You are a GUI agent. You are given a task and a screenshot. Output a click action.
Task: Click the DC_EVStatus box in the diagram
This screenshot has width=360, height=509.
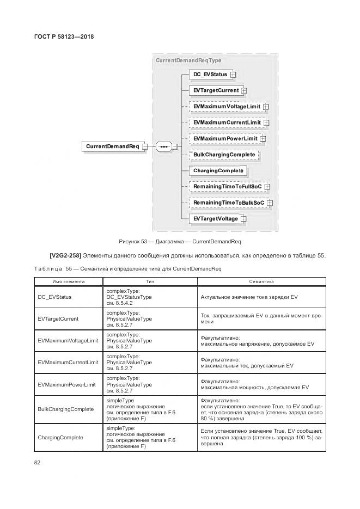pyautogui.click(x=210, y=75)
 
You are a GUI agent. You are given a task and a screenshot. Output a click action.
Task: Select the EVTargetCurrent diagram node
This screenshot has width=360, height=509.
pyautogui.click(x=216, y=90)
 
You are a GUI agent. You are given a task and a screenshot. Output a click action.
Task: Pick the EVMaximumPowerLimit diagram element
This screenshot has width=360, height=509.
pyautogui.click(x=225, y=139)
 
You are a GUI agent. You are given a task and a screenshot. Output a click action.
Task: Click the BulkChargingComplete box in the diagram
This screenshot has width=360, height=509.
pyautogui.click(x=224, y=155)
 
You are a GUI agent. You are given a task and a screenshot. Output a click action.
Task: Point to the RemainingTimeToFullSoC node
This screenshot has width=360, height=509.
pyautogui.click(x=227, y=187)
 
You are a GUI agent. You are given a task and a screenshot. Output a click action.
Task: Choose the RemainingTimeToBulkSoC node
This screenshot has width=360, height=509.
pyautogui.click(x=229, y=203)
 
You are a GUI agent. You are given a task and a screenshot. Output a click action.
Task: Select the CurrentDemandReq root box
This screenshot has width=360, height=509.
pyautogui.click(x=113, y=146)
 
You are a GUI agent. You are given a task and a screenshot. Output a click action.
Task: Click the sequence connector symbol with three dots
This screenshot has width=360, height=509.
pyautogui.click(x=164, y=147)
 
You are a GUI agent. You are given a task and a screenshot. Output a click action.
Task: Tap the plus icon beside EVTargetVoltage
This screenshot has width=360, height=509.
pyautogui.click(x=243, y=219)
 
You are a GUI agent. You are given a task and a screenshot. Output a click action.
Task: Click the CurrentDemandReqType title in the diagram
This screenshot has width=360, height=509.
pyautogui.click(x=188, y=60)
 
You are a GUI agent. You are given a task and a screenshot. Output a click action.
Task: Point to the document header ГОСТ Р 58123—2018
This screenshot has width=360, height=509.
pyautogui.click(x=66, y=37)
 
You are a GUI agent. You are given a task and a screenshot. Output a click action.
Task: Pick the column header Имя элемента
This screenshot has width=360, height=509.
pyautogui.click(x=68, y=282)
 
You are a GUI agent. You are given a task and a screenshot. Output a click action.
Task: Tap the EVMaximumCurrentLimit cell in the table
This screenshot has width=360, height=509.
pyautogui.click(x=68, y=363)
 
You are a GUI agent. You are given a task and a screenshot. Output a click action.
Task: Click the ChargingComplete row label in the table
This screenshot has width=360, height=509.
pyautogui.click(x=60, y=438)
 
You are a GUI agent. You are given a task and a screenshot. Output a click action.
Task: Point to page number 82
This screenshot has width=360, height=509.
pyautogui.click(x=38, y=463)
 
